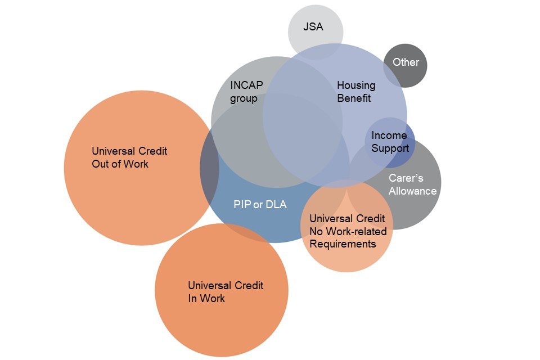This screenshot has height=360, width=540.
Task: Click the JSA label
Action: (313, 26)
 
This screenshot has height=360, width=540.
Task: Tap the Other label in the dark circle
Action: (406, 62)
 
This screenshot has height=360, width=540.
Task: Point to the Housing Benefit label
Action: (355, 92)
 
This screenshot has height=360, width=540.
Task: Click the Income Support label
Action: (390, 142)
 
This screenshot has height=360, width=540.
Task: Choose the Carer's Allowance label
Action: (412, 184)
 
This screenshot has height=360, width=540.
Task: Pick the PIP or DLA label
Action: (260, 204)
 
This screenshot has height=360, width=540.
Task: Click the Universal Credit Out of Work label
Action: (129, 157)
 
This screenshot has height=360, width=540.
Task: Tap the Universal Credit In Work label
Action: (226, 291)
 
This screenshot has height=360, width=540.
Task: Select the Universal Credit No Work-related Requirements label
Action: (348, 231)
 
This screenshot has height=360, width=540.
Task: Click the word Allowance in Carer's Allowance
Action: (412, 191)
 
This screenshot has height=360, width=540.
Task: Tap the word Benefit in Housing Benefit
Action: (354, 98)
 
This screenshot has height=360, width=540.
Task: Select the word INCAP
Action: (246, 85)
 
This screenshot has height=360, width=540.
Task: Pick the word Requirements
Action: (343, 244)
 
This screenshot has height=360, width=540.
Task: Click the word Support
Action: (390, 148)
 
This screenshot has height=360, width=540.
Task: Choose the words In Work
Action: (206, 298)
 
